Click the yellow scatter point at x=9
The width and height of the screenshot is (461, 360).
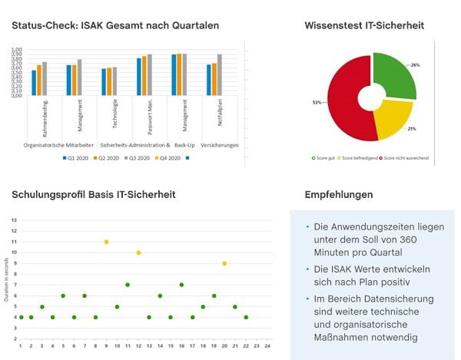(x=106, y=242)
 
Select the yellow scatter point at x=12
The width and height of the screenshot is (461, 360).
(x=138, y=253)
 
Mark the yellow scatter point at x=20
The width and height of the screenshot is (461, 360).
(x=224, y=263)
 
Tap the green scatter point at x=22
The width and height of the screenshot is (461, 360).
(x=246, y=317)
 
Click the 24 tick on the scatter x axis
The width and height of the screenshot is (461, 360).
(x=267, y=345)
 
